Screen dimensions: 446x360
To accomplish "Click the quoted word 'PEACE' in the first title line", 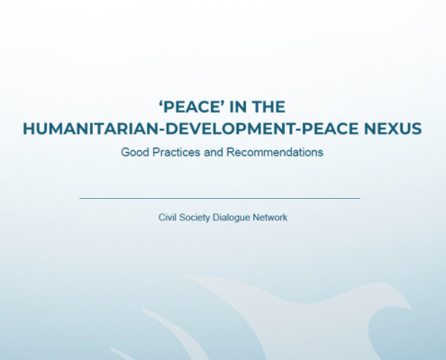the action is point(193,107).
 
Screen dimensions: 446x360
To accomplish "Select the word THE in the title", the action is point(269,107).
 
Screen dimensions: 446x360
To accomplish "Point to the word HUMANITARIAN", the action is point(91,129).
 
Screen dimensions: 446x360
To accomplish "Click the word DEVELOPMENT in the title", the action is point(231,129).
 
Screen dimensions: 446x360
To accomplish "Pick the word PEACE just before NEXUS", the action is point(330,129).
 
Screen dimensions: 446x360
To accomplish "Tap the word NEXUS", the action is point(393,129).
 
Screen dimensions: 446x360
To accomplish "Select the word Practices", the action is point(177,152).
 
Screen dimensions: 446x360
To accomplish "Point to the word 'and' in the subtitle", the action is point(214,152).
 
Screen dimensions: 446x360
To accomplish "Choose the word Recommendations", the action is point(275,152).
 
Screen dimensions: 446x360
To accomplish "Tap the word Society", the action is point(195,218).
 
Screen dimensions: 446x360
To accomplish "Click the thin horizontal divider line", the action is point(220,198).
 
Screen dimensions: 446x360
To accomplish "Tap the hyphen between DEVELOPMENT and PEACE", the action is point(298,130).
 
